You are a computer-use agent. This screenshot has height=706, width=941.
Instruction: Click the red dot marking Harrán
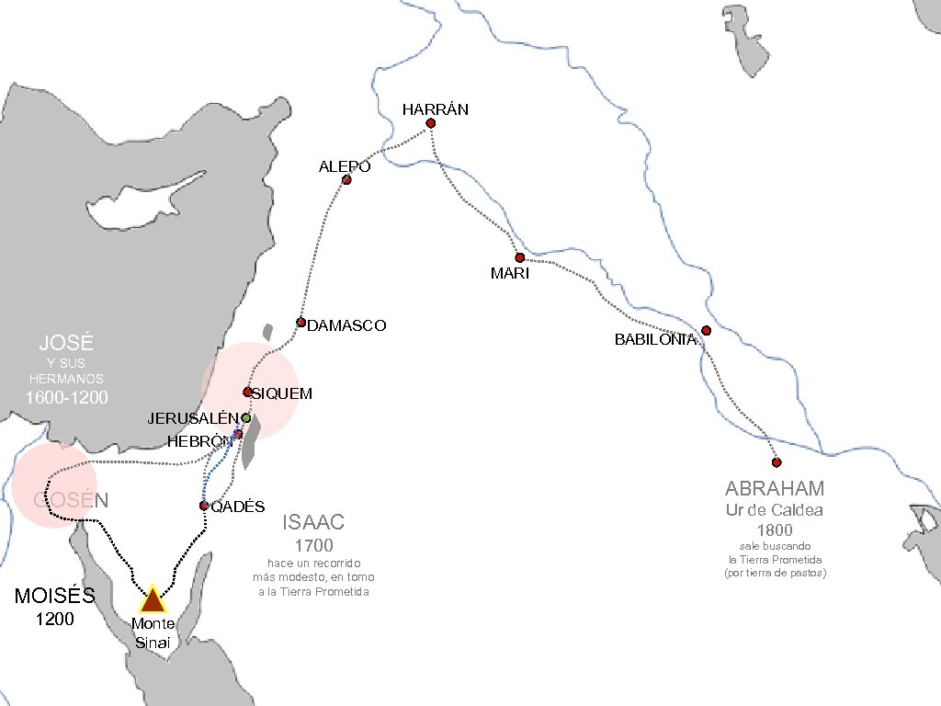click(x=430, y=123)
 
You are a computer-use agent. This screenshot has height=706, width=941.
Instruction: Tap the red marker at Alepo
click(x=346, y=180)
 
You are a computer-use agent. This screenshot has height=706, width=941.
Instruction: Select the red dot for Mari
click(x=519, y=257)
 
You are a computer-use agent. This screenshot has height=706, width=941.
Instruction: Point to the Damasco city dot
click(x=300, y=322)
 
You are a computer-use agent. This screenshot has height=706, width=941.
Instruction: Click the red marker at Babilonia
click(x=706, y=331)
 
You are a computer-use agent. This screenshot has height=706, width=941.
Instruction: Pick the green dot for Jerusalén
click(x=246, y=417)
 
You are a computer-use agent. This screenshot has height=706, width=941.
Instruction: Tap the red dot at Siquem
click(x=247, y=392)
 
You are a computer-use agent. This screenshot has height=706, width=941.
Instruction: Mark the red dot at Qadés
click(x=204, y=506)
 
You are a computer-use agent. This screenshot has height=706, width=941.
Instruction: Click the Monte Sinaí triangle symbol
click(x=152, y=598)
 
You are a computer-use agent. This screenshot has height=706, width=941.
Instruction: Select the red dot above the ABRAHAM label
click(x=777, y=462)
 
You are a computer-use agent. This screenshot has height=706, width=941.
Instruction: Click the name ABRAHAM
click(x=775, y=488)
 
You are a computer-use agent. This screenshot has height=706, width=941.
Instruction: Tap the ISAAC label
click(x=313, y=523)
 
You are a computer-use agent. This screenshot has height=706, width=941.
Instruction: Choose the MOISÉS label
click(x=55, y=596)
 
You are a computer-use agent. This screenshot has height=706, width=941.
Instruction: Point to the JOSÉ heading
click(x=66, y=344)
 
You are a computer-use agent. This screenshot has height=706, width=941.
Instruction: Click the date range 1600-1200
click(x=66, y=398)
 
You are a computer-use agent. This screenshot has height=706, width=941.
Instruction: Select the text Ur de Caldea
click(x=775, y=510)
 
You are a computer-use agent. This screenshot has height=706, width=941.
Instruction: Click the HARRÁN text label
click(x=436, y=109)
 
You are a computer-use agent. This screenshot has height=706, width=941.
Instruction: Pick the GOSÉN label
click(x=72, y=500)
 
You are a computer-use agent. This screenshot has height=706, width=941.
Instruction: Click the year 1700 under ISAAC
click(x=313, y=546)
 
